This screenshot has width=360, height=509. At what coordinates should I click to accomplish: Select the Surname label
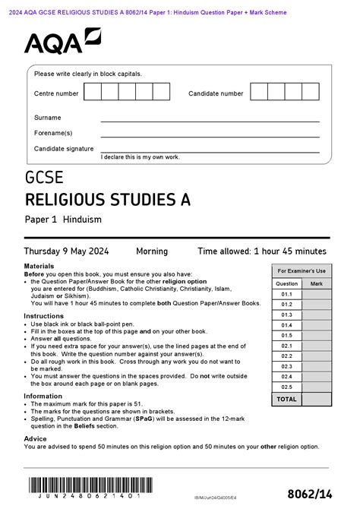[x=47, y=118]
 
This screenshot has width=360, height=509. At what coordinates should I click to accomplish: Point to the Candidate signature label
[x=64, y=149]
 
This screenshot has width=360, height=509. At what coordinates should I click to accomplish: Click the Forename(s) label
[x=52, y=133]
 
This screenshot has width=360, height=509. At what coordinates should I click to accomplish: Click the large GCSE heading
[x=45, y=179]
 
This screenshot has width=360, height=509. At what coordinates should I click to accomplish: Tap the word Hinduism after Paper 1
[x=82, y=220]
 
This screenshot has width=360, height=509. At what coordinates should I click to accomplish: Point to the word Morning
[x=152, y=251]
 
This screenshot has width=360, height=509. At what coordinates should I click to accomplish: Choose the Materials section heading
[x=39, y=267]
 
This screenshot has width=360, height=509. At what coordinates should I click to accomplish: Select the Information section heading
[x=43, y=396]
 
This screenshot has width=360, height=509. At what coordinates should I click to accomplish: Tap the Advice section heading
[x=36, y=438]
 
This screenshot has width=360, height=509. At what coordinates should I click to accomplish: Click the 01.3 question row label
[x=286, y=315]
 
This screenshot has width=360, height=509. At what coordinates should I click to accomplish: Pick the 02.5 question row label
[x=286, y=387]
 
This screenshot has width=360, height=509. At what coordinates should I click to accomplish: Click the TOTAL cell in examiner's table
[x=286, y=399]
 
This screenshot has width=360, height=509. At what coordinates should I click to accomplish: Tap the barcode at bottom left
[x=87, y=486]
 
